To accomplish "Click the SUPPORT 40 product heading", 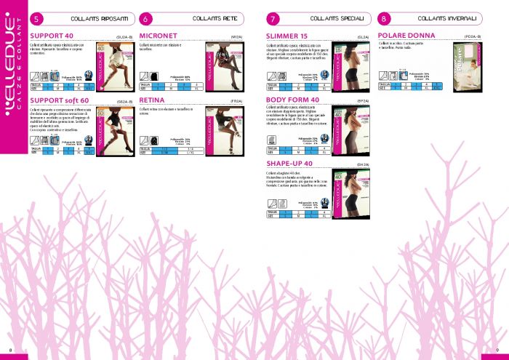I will point(51,35).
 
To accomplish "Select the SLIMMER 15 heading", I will point(287,35).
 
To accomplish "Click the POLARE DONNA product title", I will point(406,35).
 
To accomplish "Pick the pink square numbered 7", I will point(273,19).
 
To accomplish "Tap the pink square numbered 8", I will point(384,19).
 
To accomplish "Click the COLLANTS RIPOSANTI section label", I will point(95,18).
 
